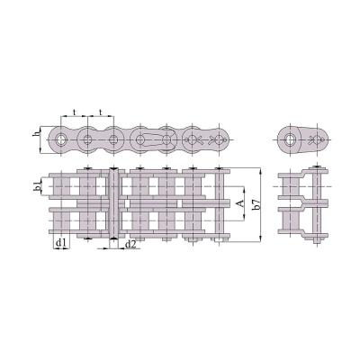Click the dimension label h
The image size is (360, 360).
click(x=36, y=133)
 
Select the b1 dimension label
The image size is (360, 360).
click(x=37, y=186)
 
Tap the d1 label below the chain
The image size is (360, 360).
click(x=61, y=243)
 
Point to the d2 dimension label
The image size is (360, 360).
click(x=130, y=245)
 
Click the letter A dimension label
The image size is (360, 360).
click(x=240, y=204)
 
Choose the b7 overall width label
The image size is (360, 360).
click(x=256, y=203)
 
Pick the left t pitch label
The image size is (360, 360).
click(x=75, y=112)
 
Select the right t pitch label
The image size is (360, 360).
click(x=101, y=112)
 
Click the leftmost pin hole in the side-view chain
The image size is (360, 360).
click(x=61, y=139)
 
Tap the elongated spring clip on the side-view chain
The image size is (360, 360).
click(x=153, y=139)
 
